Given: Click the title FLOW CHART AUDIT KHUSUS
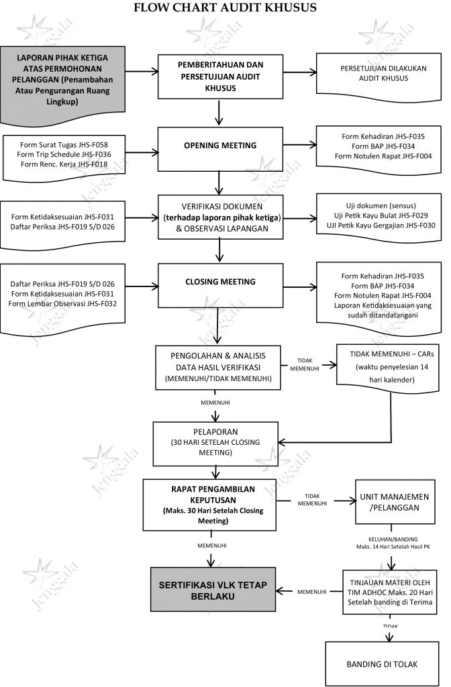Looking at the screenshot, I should tap(225, 8).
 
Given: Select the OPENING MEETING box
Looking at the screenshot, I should tap(220, 146).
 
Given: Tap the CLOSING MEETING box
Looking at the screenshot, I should tap(220, 282).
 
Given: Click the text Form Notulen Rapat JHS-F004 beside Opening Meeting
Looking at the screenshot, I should tap(383, 156).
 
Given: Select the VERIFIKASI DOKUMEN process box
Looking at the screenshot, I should tap(220, 216).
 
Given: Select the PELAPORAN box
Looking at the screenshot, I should tap(215, 443).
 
